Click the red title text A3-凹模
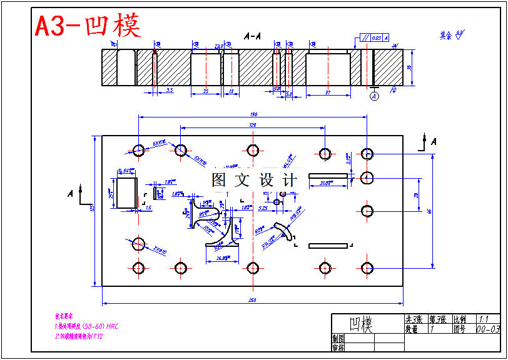[x=88, y=26]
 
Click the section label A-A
[x=252, y=37]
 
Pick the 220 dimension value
[x=253, y=125]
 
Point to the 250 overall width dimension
[x=252, y=301]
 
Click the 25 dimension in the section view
[x=206, y=91]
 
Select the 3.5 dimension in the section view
[x=170, y=91]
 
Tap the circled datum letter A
[x=374, y=96]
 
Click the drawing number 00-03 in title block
[x=488, y=329]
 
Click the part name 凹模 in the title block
[x=361, y=324]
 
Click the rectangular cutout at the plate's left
[x=127, y=192]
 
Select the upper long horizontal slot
[x=330, y=175]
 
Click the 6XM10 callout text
[x=159, y=143]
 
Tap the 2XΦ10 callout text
[x=160, y=250]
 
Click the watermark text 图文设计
[x=254, y=180]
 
